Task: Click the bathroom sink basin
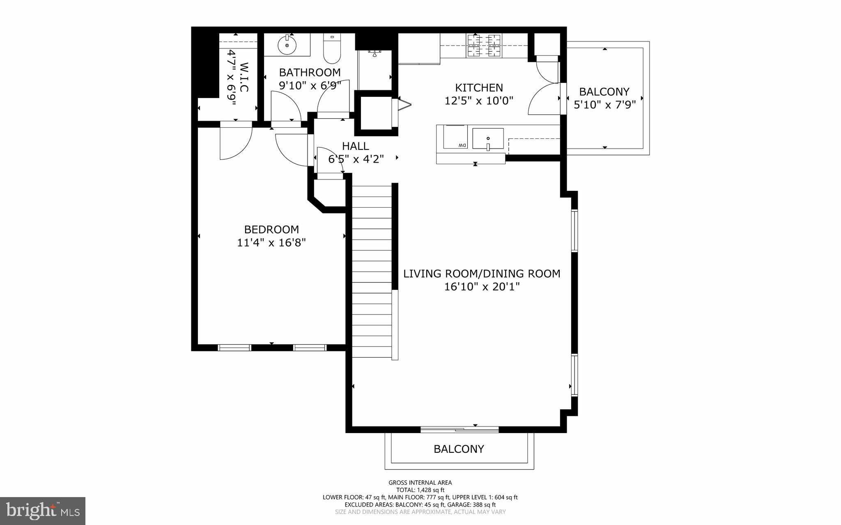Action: (287, 45)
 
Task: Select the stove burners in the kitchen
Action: (484, 46)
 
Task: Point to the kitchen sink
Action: (488, 138)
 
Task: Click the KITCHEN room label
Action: (479, 87)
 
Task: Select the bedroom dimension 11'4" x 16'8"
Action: (271, 243)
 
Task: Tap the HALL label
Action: (355, 146)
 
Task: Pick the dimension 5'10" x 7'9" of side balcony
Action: (604, 105)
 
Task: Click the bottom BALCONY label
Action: (459, 449)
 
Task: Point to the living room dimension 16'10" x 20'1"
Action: (482, 287)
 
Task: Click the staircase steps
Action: (372, 271)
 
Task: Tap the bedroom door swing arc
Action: (236, 144)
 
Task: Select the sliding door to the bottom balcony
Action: (460, 430)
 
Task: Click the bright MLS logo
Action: (43, 510)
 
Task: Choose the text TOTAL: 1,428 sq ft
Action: (420, 490)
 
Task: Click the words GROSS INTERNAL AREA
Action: (420, 483)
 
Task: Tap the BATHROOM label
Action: (310, 73)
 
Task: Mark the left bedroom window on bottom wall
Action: (234, 348)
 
